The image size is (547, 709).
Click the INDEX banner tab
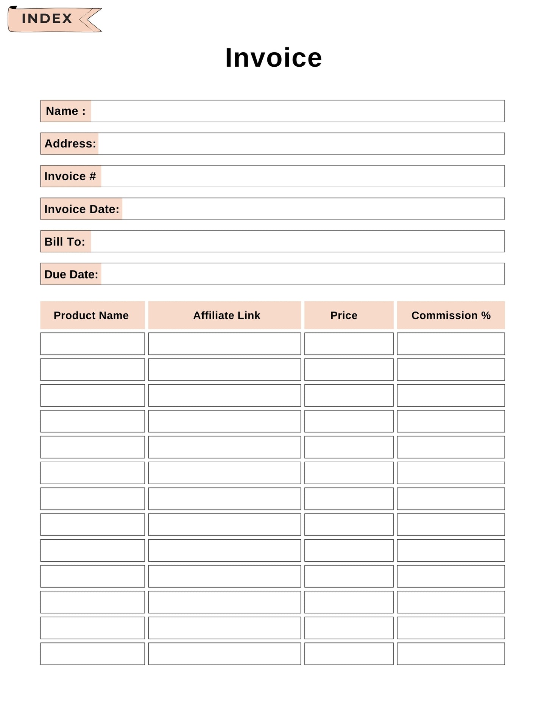(x=47, y=19)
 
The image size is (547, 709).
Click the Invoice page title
(x=273, y=58)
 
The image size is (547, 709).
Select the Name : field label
(x=65, y=111)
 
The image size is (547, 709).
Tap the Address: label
(x=70, y=144)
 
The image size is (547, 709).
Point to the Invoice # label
(x=70, y=176)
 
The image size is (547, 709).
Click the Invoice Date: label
(x=81, y=209)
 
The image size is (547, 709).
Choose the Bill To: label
(x=65, y=241)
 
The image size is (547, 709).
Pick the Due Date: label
(x=71, y=274)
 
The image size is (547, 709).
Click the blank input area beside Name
(x=297, y=111)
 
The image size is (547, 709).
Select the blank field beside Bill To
(x=297, y=241)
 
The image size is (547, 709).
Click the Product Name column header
(x=91, y=315)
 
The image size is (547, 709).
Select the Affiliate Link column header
(x=226, y=315)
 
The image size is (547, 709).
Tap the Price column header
(x=344, y=315)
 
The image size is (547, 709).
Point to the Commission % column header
(x=451, y=315)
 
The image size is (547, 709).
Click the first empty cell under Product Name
(x=92, y=344)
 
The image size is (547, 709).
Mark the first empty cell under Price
(x=349, y=344)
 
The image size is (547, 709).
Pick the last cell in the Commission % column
(x=450, y=654)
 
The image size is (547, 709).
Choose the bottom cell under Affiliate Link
(x=224, y=654)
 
